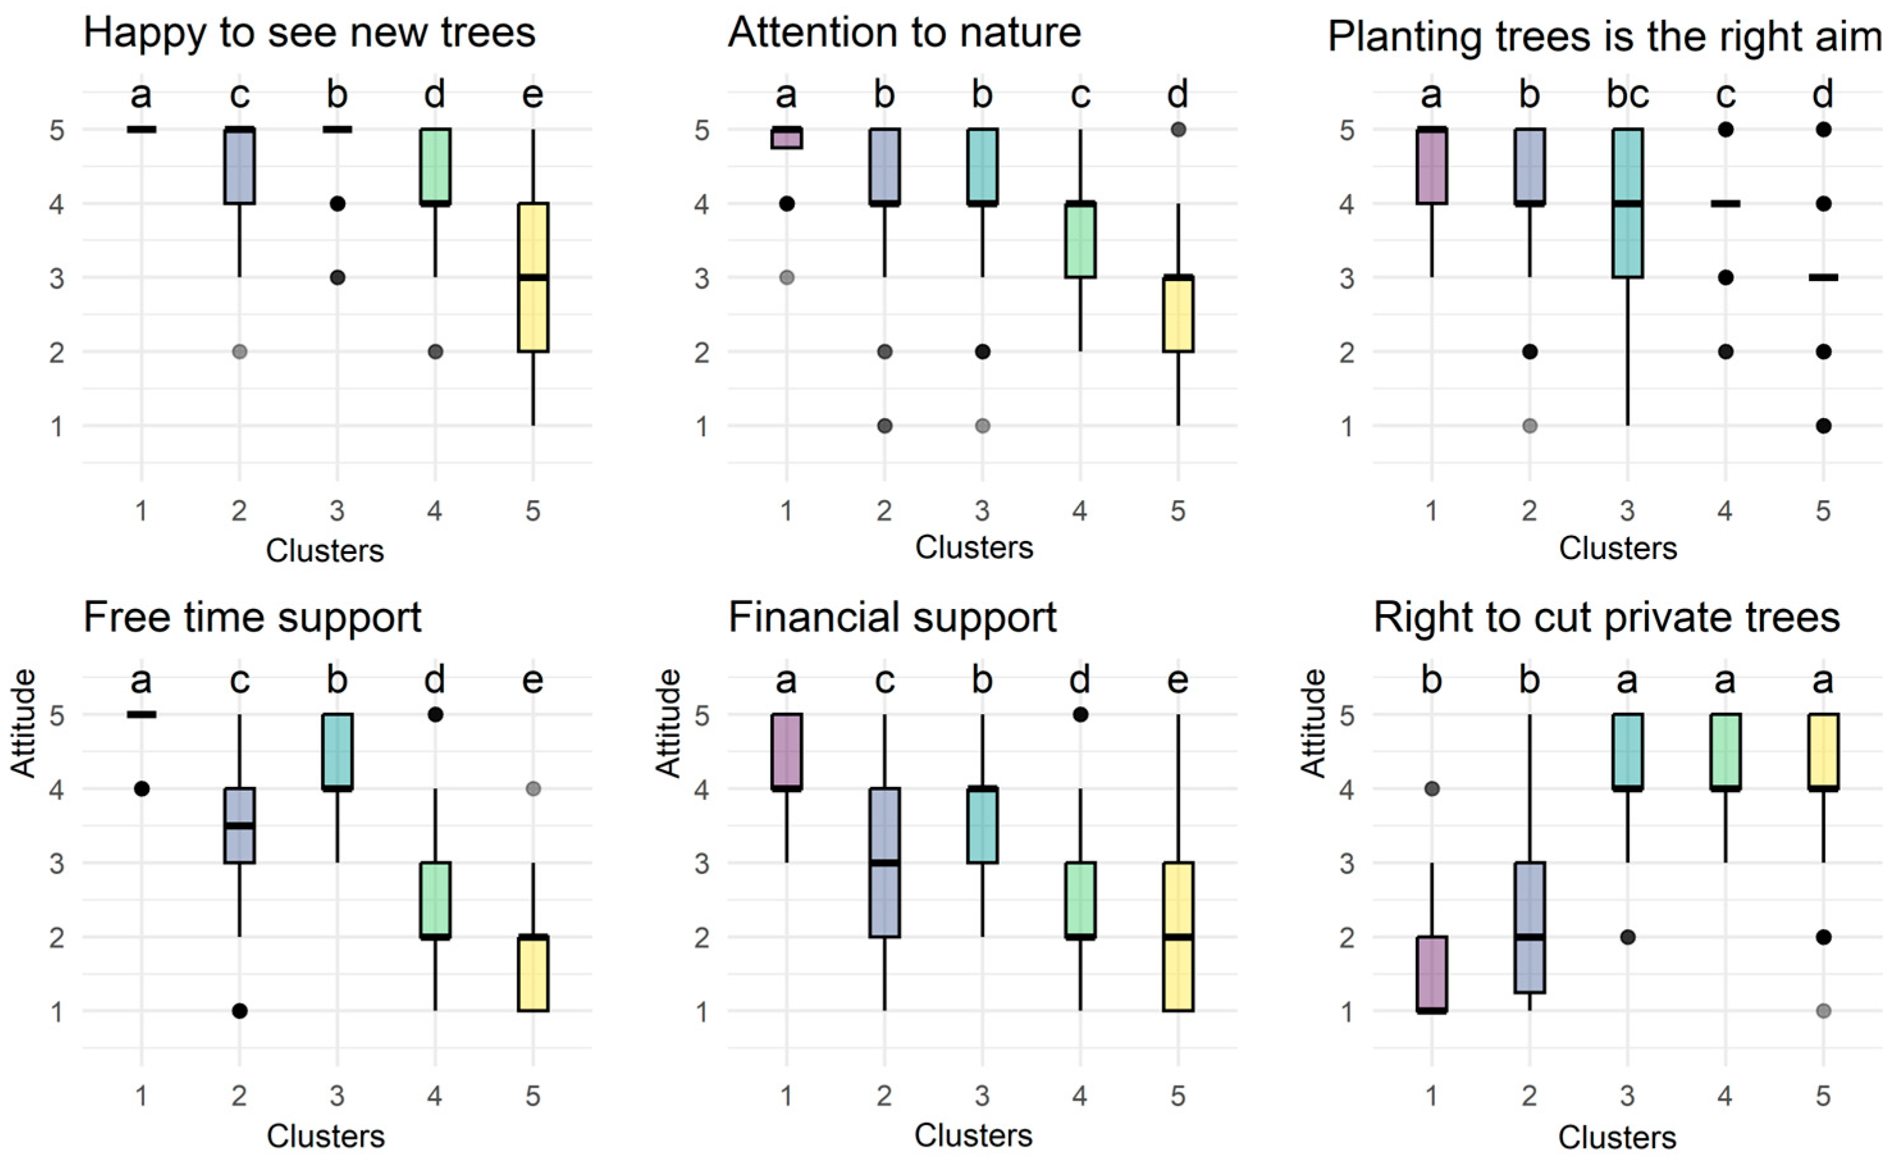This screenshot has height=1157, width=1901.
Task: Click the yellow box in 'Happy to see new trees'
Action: [x=533, y=277]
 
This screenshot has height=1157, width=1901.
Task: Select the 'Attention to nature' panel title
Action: [x=904, y=33]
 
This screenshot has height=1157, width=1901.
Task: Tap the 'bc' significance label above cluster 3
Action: [x=1627, y=94]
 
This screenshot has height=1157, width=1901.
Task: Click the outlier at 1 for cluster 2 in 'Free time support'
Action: [x=239, y=1010]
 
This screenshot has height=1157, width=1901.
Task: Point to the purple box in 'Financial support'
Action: [x=786, y=751]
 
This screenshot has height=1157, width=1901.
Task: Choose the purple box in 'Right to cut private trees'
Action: [x=1431, y=973]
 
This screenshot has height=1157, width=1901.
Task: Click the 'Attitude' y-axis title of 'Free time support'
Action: [x=23, y=724]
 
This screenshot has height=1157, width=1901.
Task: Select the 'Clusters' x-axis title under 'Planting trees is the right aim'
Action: [x=1618, y=548]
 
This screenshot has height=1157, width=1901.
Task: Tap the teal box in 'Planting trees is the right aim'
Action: [x=1627, y=203]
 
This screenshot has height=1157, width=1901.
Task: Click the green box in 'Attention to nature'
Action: [x=1080, y=240]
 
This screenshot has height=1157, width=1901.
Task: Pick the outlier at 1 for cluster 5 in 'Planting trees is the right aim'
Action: [x=1823, y=425]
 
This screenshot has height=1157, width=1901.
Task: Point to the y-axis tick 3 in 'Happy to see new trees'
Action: [x=57, y=278]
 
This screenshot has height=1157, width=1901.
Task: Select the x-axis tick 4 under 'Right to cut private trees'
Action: [x=1725, y=1096]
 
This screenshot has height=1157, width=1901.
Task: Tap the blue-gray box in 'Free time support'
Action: [x=239, y=825]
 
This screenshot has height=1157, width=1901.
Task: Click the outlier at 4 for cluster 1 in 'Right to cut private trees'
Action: [x=1431, y=789]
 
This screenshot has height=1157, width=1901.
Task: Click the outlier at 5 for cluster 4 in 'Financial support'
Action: [x=1080, y=715]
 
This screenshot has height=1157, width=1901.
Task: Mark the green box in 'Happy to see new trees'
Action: [x=435, y=166]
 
